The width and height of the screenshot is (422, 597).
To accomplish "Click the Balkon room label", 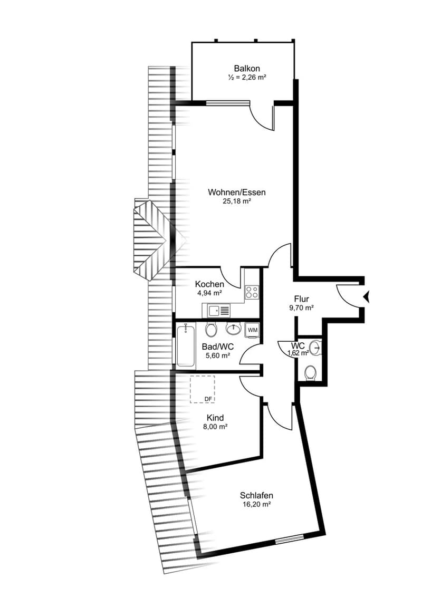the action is point(247,69).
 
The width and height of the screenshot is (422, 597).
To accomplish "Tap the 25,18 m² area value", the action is point(236,201).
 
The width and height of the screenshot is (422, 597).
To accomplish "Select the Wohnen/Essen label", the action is point(236,192).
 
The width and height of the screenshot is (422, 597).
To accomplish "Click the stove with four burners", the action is point(252,292).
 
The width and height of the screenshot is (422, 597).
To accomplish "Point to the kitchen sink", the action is point(218,311).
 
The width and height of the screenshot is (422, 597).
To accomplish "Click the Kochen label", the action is point(209,284).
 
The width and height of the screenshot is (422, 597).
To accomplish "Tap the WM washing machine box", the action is point(253,330).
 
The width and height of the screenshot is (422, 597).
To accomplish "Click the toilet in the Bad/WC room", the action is point(210,329).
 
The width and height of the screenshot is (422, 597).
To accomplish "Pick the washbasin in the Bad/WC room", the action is point(233,329).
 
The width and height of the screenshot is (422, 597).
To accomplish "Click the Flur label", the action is point(301,299).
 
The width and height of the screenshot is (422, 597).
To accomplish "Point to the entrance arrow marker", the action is point(367,296).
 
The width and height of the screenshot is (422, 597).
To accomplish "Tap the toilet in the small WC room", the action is point(311,372).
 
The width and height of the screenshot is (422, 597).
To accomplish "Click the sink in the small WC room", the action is point(315,347).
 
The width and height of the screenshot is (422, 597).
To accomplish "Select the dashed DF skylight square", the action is point(202,389).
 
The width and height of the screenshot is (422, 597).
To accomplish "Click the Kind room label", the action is point(215,418).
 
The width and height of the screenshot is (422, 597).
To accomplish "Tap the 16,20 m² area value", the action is point(256,505).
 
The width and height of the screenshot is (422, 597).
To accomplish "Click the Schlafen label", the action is point(256,495).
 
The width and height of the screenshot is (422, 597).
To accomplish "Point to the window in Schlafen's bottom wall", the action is point(290,539).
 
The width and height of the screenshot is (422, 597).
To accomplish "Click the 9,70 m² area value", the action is point(301,307).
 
